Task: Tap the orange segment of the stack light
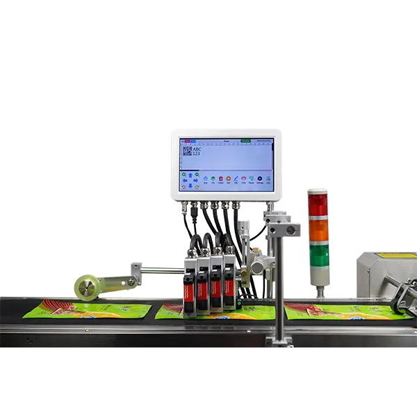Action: pos(318,230)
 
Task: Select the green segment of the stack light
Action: pos(318,254)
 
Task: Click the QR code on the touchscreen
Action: pos(186,151)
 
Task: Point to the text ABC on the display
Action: pos(197,148)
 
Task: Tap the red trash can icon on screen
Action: pos(222,179)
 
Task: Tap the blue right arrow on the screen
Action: pos(197,180)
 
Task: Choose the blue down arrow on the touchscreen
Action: pos(190,186)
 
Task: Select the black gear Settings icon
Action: pos(260,179)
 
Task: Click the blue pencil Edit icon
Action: pos(236,179)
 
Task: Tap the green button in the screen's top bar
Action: pos(245,140)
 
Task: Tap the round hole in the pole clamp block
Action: pos(290,229)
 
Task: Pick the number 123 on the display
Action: pos(196,154)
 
